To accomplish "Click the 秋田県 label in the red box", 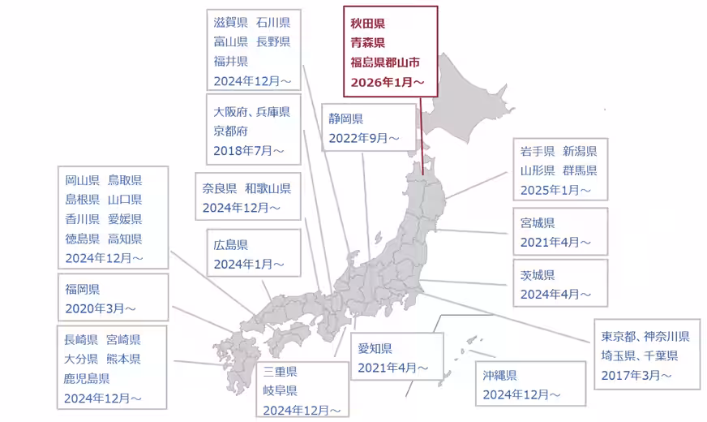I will pyautogui.click(x=368, y=24).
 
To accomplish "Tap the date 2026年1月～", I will pyautogui.click(x=388, y=82).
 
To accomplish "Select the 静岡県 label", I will pyautogui.click(x=346, y=119).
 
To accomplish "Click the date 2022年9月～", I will pyautogui.click(x=364, y=139).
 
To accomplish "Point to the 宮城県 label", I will pyautogui.click(x=538, y=222).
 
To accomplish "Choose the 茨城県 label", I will pyautogui.click(x=538, y=275).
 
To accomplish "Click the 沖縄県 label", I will pyautogui.click(x=499, y=375).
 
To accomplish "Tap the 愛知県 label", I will pyautogui.click(x=375, y=349).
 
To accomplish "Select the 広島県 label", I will pyautogui.click(x=231, y=244).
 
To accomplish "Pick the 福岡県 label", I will pyautogui.click(x=83, y=289).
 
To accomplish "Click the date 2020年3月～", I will pyautogui.click(x=101, y=308).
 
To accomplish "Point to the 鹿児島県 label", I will pyautogui.click(x=88, y=378).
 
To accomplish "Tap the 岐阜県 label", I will pyautogui.click(x=281, y=391).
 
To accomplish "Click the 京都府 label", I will pyautogui.click(x=231, y=131).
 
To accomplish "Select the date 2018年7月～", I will pyautogui.click(x=249, y=150).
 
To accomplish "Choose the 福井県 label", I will pyautogui.click(x=231, y=61).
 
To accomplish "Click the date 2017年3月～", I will pyautogui.click(x=636, y=375).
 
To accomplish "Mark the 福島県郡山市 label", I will pyautogui.click(x=385, y=62).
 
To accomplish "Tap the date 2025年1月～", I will pyautogui.click(x=556, y=191).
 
